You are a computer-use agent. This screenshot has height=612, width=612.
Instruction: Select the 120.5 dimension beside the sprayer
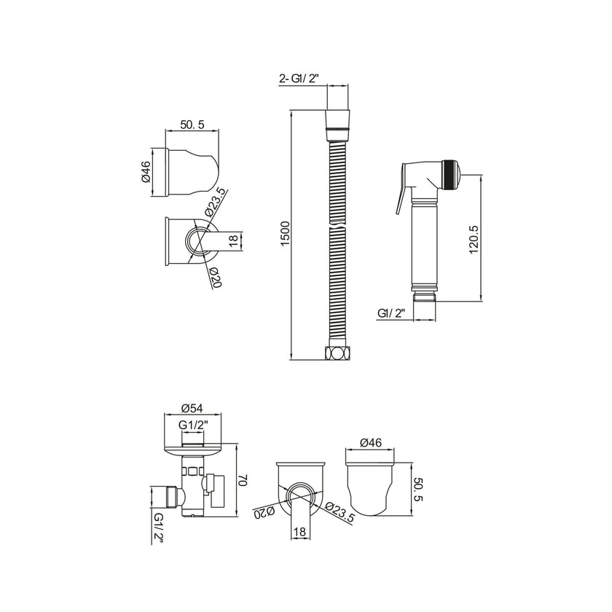point(474,237)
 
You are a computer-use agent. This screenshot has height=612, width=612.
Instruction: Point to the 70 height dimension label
point(244,480)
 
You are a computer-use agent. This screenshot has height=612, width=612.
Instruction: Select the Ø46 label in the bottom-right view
point(372,441)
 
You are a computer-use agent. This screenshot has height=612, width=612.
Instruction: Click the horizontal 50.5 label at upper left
point(192,125)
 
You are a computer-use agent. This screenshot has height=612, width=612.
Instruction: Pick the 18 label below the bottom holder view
point(298,533)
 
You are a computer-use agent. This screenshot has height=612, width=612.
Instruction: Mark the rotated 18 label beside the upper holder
point(234,241)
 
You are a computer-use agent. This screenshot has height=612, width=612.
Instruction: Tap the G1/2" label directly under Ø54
point(192,425)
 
